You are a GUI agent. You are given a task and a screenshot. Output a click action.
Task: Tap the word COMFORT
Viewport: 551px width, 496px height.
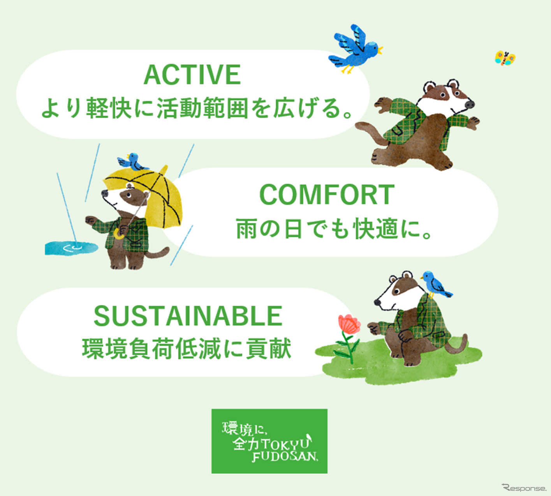(327, 195)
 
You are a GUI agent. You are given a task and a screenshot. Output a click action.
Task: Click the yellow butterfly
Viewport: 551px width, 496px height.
(505, 58)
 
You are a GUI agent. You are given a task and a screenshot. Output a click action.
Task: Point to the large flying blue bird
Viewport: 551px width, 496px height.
(356, 49)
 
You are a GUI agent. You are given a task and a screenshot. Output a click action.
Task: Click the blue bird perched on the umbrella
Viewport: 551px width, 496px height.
(133, 163)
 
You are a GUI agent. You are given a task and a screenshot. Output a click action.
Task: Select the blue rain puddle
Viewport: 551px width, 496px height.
(71, 248)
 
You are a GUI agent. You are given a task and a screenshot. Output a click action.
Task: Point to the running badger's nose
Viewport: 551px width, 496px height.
(470, 104)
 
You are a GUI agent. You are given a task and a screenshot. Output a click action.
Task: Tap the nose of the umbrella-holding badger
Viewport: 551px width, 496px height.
(104, 193)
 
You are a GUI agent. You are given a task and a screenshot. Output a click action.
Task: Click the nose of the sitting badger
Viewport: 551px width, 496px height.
(377, 302)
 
